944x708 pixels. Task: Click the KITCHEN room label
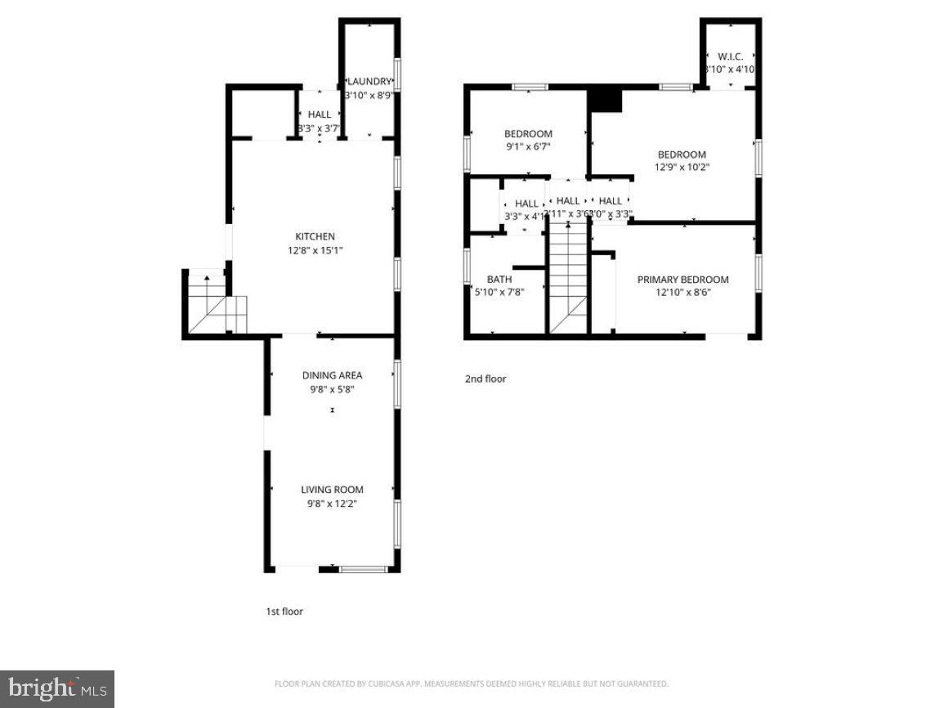pyautogui.click(x=315, y=237)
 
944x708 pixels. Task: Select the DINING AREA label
pyautogui.click(x=332, y=375)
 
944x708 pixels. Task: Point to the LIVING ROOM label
pyautogui.click(x=332, y=490)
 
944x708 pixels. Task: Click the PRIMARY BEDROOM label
pyautogui.click(x=682, y=280)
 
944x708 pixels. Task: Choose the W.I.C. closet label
pyautogui.click(x=730, y=56)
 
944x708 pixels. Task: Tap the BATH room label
pyautogui.click(x=499, y=280)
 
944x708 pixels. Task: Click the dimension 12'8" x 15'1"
pyautogui.click(x=315, y=251)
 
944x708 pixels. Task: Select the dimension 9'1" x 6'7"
pyautogui.click(x=527, y=147)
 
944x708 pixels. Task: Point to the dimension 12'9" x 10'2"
pyautogui.click(x=682, y=168)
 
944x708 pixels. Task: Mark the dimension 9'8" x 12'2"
pyautogui.click(x=332, y=504)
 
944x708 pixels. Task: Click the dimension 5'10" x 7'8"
pyautogui.click(x=499, y=292)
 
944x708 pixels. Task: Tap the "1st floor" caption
pyautogui.click(x=284, y=612)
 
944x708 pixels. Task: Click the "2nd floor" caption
pyautogui.click(x=485, y=379)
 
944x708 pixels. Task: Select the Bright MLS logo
pyautogui.click(x=56, y=688)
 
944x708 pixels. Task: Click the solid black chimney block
pyautogui.click(x=606, y=100)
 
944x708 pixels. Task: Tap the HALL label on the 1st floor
pyautogui.click(x=320, y=114)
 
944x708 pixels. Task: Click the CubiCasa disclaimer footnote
pyautogui.click(x=472, y=683)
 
